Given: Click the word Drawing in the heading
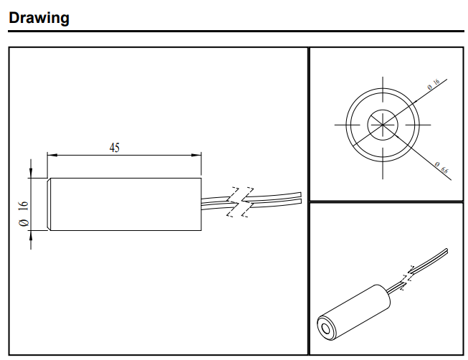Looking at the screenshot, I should click(x=39, y=18).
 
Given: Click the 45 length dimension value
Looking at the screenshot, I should click(x=115, y=148).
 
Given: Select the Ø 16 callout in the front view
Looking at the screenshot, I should click(x=433, y=86).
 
